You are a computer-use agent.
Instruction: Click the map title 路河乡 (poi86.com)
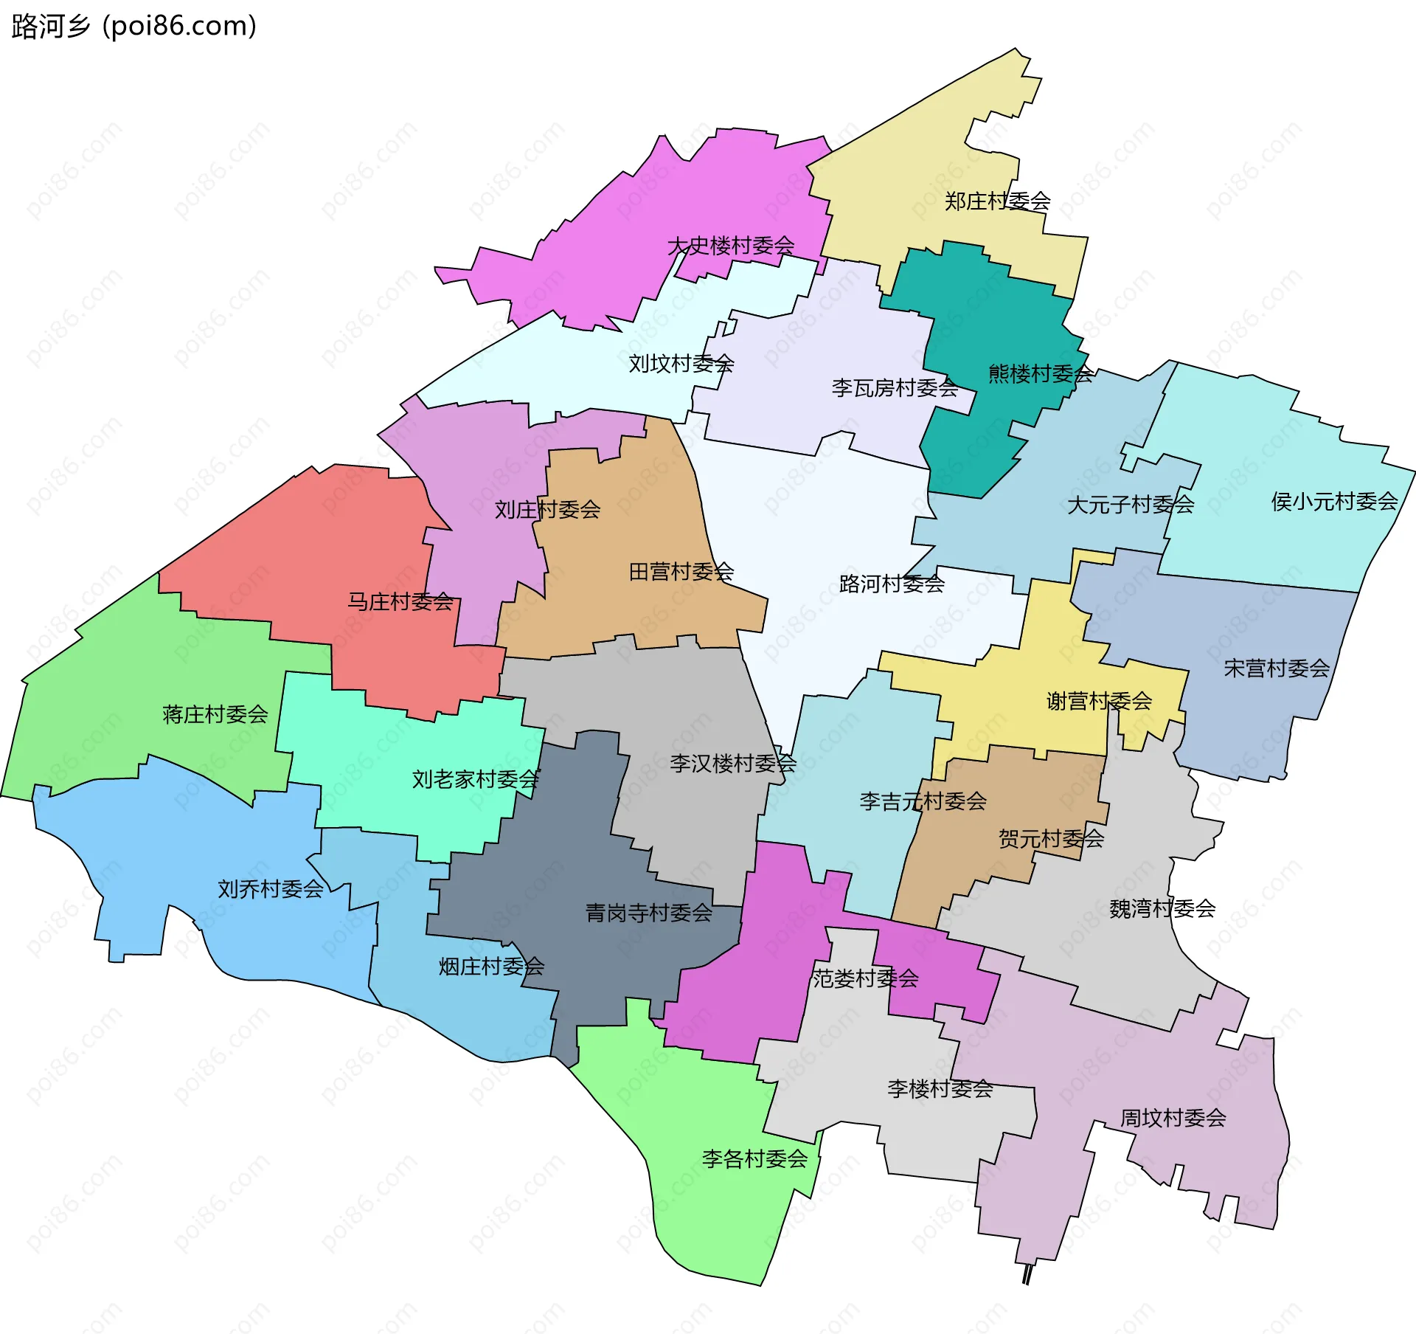[134, 27]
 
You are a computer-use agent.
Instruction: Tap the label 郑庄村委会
[997, 201]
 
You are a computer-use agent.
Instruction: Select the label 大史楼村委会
[730, 246]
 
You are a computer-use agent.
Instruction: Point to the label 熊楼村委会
[1040, 374]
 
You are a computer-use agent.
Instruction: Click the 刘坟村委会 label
[681, 363]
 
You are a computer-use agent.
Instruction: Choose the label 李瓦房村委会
[895, 387]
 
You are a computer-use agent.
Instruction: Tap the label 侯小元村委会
[1333, 502]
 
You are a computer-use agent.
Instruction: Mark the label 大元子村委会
[1130, 505]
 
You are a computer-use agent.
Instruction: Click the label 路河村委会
[892, 584]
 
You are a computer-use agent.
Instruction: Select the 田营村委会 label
[681, 572]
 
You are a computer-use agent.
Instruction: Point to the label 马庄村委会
[400, 602]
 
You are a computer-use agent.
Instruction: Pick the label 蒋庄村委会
[215, 714]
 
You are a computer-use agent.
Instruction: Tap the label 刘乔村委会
[270, 889]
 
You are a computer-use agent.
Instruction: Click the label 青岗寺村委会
[648, 913]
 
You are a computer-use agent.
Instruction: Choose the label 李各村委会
[754, 1159]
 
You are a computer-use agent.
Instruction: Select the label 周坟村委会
[1173, 1118]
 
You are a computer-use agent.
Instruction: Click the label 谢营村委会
[1099, 701]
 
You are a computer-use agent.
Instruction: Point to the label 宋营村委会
[1276, 668]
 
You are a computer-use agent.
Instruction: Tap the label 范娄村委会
[865, 978]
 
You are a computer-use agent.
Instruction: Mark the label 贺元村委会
[1051, 838]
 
